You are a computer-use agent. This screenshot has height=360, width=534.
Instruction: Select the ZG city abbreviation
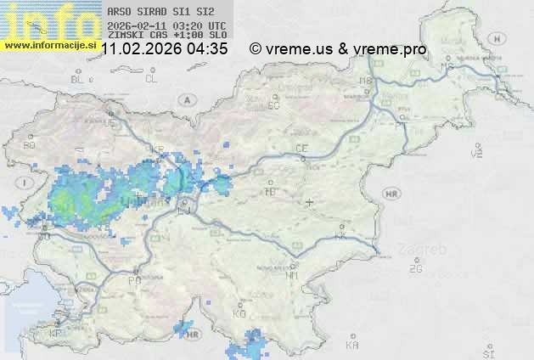(x=415, y=269)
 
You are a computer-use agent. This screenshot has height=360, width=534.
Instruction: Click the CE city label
(x=301, y=148)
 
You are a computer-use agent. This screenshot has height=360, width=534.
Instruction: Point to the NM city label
(x=293, y=275)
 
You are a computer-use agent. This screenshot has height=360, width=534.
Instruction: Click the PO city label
(x=134, y=280)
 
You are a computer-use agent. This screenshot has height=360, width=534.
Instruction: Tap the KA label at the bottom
(x=352, y=345)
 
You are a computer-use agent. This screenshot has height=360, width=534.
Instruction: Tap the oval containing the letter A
(x=185, y=99)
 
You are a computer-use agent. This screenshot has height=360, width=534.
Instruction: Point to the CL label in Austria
(x=151, y=79)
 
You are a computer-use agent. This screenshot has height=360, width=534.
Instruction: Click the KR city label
(x=157, y=149)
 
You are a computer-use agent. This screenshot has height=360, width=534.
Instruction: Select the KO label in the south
(x=239, y=313)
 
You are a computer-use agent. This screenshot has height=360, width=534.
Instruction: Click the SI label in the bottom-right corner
(x=487, y=351)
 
